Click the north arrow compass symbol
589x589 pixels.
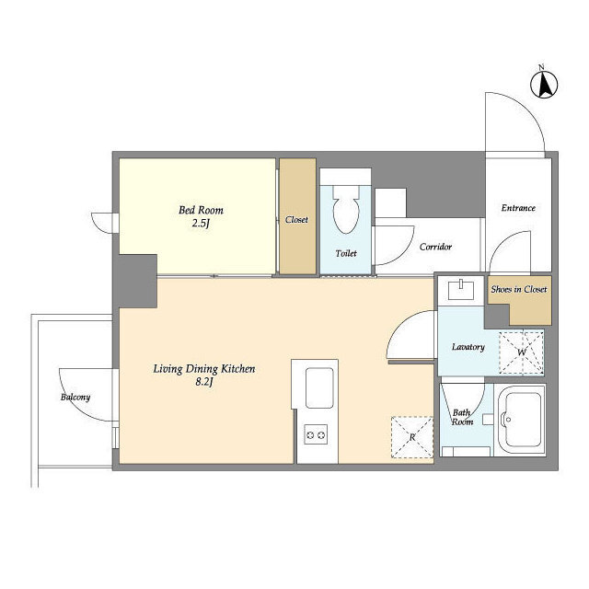point(544,84)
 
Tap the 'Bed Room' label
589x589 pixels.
point(201,210)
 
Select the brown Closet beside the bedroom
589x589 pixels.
point(297,216)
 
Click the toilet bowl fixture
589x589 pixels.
point(346,209)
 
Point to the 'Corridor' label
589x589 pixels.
point(435,247)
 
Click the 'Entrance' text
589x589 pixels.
point(518,208)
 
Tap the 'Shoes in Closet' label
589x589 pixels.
point(519,289)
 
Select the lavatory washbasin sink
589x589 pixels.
point(461,291)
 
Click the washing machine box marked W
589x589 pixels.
point(522,352)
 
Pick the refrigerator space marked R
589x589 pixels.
point(412,437)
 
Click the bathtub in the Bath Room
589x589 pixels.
point(522,420)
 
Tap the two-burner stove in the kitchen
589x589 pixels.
point(316,435)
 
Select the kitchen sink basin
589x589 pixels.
point(319,388)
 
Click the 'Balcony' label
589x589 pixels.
point(75,397)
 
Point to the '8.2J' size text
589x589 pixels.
point(204,383)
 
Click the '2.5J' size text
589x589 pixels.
point(201,224)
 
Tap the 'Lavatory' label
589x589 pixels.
point(468,347)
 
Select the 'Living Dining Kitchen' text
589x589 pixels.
point(204,369)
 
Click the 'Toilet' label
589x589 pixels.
point(346,254)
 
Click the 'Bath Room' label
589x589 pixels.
point(462,417)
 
